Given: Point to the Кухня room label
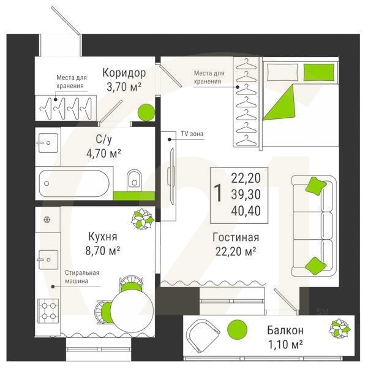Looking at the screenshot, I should [x=102, y=236].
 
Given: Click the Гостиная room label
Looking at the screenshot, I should [x=236, y=237].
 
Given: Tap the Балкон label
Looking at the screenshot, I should [x=285, y=331].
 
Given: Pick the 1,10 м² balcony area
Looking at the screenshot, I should [x=285, y=345].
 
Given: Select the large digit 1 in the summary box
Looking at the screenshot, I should [x=217, y=194].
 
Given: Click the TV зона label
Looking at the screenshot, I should [x=192, y=133].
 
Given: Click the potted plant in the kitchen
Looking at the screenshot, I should [x=141, y=218].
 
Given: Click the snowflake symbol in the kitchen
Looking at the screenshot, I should [x=46, y=220].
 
